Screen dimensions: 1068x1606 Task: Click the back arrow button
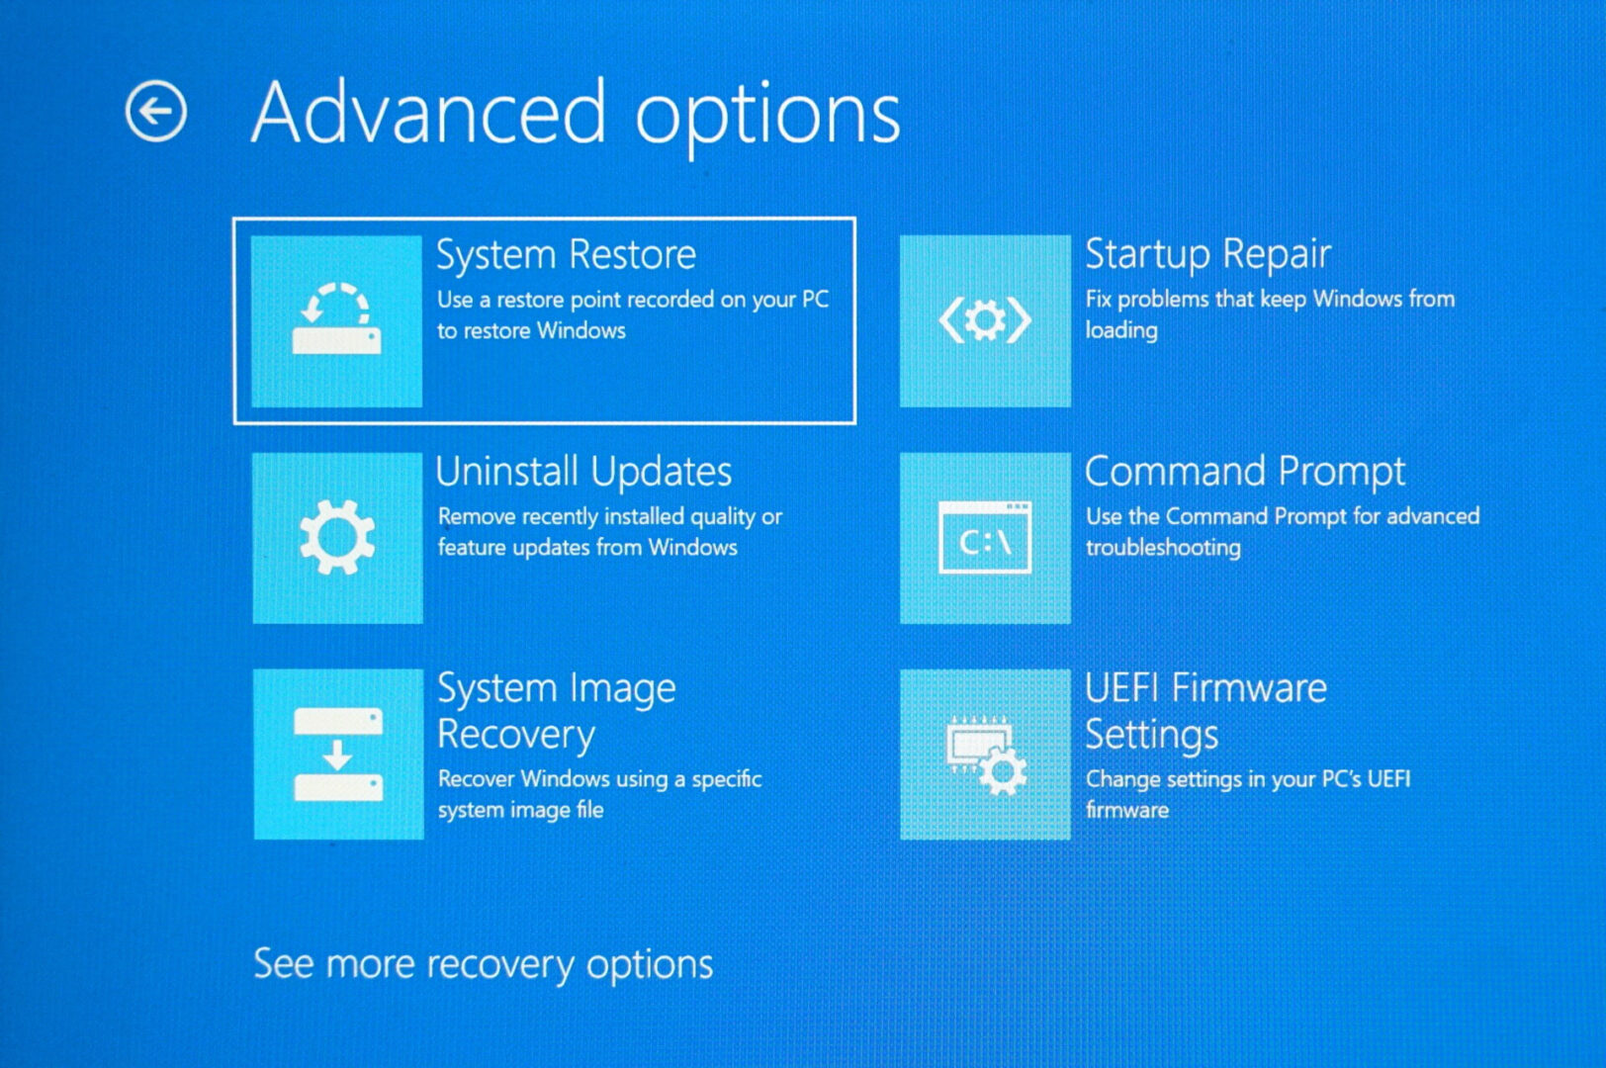156,111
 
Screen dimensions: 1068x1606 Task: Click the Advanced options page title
576,114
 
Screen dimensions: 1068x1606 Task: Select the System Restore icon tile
336,321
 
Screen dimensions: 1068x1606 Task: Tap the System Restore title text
566,255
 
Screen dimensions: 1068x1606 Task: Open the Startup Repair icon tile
985,321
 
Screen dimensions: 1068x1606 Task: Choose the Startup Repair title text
1207,255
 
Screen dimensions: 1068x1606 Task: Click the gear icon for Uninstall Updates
337,538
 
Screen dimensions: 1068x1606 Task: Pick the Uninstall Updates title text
583,472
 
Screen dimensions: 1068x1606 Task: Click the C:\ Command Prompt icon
985,538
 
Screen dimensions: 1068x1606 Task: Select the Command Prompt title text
1245,472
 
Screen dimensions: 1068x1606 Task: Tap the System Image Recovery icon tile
338,755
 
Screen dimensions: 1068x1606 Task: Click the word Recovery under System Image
516,735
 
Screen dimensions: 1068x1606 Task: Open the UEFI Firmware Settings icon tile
985,755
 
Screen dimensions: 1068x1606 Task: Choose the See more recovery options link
483,964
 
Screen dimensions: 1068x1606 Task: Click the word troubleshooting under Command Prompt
1163,548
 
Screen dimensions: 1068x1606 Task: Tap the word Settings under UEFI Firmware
1151,735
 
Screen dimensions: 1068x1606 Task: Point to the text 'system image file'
520,810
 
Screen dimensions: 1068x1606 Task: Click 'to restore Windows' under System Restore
531,331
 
